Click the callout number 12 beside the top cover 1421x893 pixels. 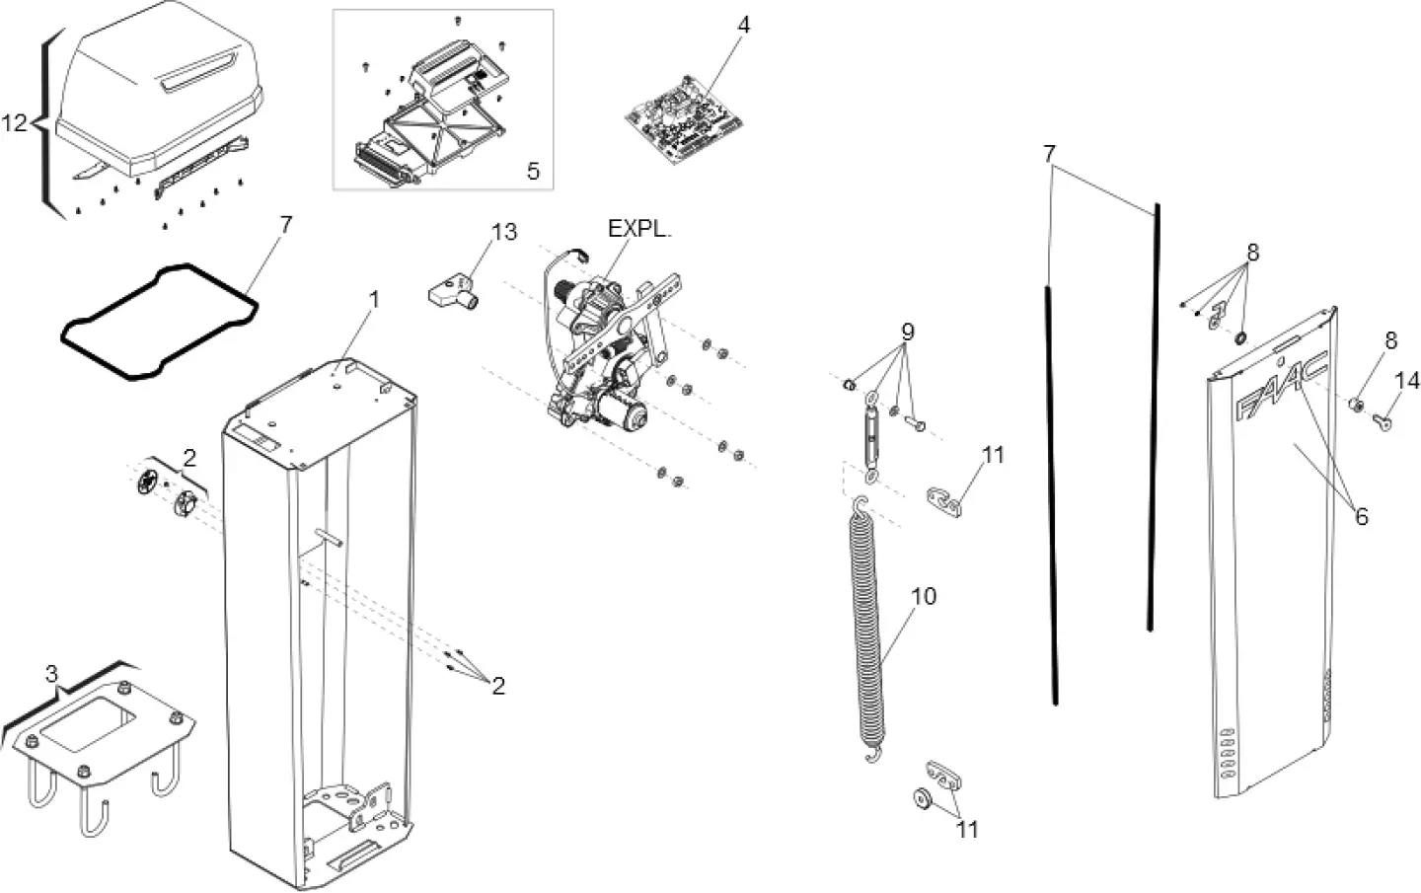point(14,123)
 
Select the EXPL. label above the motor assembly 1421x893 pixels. point(638,229)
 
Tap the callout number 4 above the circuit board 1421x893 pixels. point(743,25)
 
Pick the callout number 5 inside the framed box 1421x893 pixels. point(533,172)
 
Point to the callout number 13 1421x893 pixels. point(503,232)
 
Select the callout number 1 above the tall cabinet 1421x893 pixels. point(373,298)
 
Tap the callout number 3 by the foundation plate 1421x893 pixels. point(51,675)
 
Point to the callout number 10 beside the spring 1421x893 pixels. point(924,597)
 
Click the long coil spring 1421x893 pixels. point(865,632)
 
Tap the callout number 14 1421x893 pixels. point(1406,381)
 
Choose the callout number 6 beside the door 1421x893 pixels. point(1361,516)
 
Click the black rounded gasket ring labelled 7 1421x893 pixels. point(157,319)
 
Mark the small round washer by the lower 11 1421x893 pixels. point(923,797)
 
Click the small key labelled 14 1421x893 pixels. point(1384,422)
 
